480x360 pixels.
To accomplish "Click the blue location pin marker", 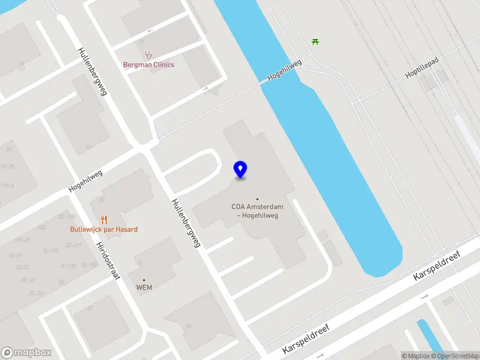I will [x=240, y=170].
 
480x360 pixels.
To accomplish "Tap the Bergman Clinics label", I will [x=149, y=64].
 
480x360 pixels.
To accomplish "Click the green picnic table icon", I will [x=315, y=41].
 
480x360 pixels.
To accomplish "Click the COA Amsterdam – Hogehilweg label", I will [x=257, y=211].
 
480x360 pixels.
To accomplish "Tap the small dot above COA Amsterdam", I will [x=257, y=199].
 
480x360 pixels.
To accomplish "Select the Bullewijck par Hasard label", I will [x=104, y=229].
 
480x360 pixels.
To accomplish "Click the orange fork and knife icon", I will [x=104, y=219].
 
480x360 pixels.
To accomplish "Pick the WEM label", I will [x=144, y=287].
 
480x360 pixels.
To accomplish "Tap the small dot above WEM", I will [x=144, y=280].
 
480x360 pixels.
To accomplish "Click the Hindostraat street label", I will [x=109, y=262].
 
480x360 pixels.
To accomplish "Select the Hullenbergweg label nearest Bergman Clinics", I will [x=92, y=71].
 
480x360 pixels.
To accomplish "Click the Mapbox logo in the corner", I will [x=26, y=353].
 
